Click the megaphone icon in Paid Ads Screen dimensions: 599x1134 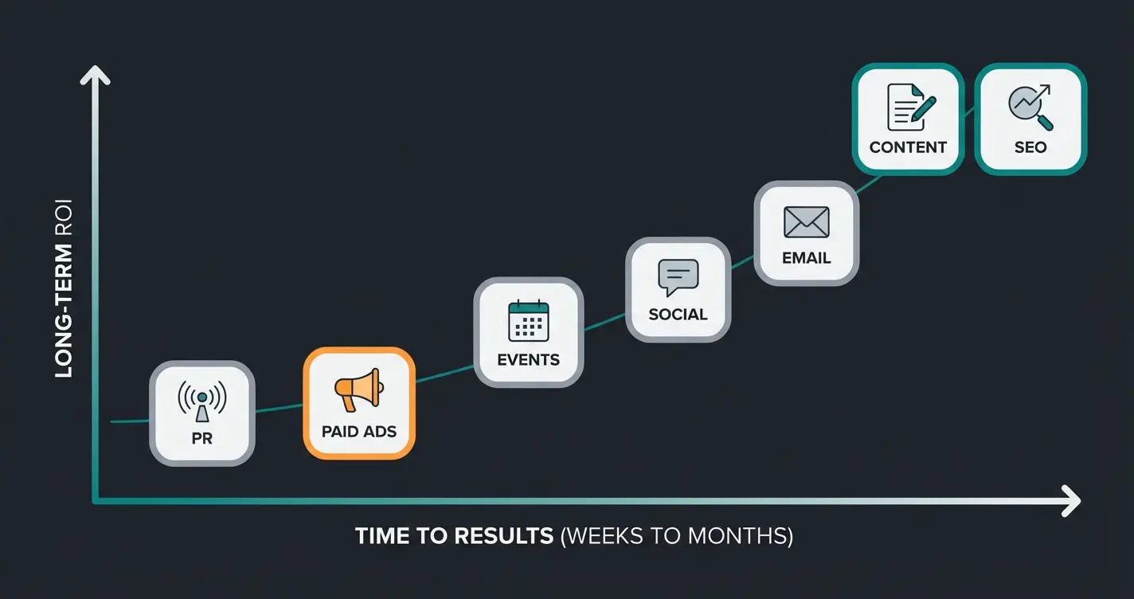click(359, 390)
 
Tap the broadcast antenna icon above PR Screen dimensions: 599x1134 click(201, 399)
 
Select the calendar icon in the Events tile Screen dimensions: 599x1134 click(529, 321)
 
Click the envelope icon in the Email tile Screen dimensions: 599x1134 click(806, 222)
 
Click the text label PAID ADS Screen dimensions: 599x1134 click(359, 432)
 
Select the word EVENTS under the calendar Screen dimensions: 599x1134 click(529, 360)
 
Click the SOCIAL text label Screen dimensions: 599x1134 click(678, 315)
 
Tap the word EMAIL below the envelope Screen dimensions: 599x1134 click(806, 258)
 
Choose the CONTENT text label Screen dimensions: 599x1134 click(908, 147)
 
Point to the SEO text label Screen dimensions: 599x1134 click(1030, 147)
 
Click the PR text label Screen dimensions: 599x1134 click(201, 438)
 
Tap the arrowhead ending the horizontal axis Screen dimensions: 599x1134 click(1072, 502)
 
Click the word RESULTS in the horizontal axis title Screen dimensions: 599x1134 click(503, 536)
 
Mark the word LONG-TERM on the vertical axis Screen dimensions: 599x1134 click(65, 311)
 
